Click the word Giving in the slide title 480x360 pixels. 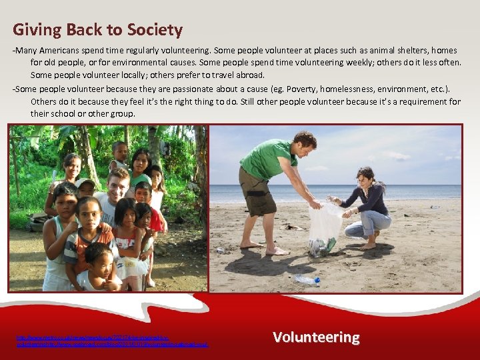(33, 30)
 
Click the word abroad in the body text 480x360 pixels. (250, 75)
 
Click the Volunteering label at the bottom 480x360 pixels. (316, 337)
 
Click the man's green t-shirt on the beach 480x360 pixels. (266, 160)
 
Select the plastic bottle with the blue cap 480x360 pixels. (307, 279)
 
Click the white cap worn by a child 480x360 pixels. (85, 182)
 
